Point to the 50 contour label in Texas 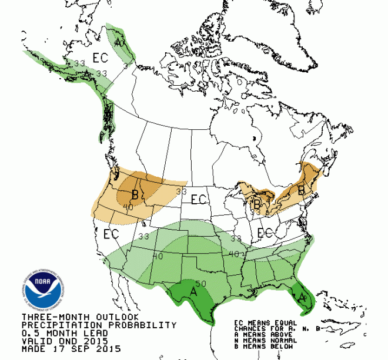(200, 284)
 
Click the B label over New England (301, 190)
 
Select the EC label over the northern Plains (198, 200)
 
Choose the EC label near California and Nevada (111, 234)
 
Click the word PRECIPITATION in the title (57, 325)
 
